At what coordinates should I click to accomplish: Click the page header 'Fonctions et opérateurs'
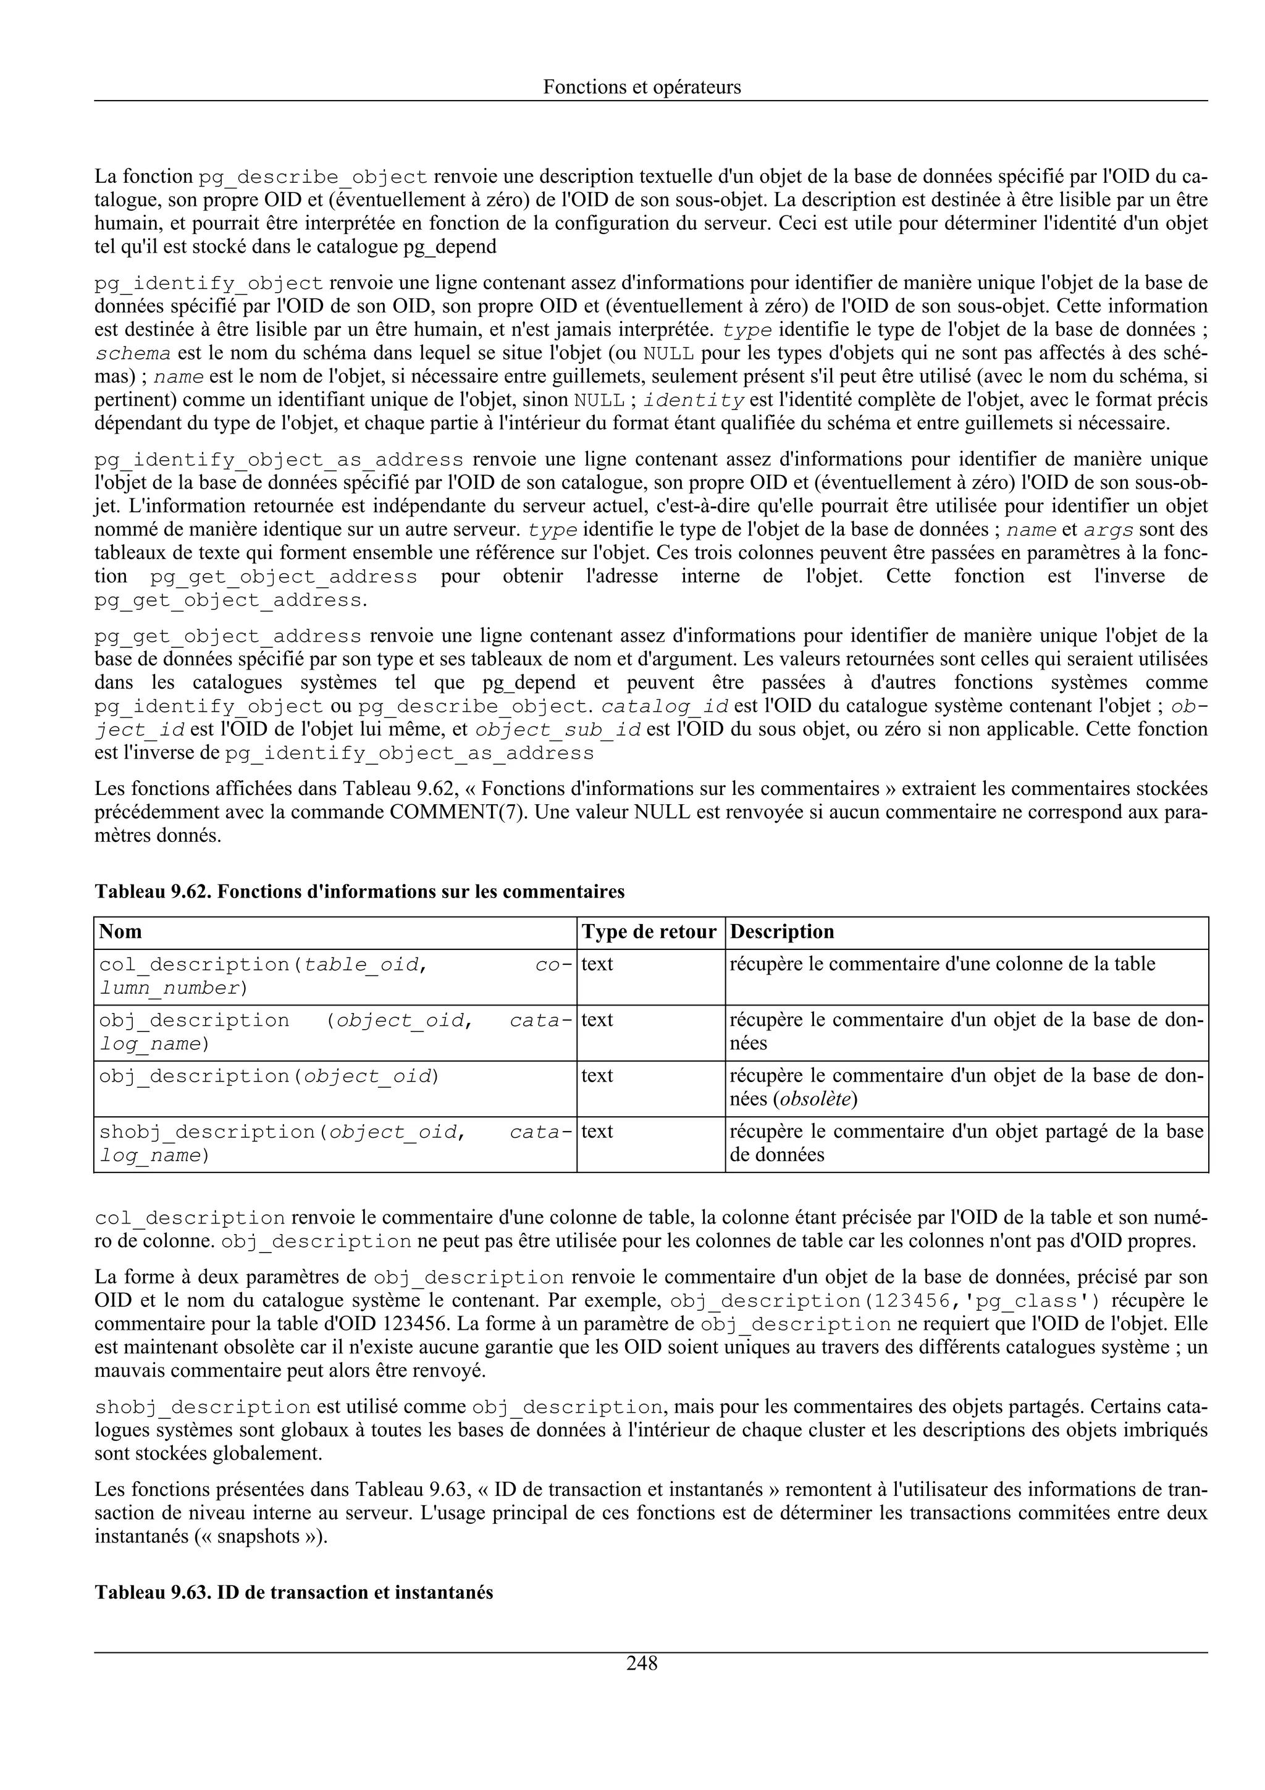pyautogui.click(x=642, y=87)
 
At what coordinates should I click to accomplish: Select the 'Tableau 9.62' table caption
pyautogui.click(x=359, y=891)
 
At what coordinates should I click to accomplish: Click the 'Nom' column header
pyautogui.click(x=121, y=931)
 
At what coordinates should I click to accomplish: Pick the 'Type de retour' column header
pyautogui.click(x=649, y=931)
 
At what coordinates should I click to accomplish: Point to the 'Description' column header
pyautogui.click(x=782, y=931)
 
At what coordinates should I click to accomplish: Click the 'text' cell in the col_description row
pyautogui.click(x=597, y=964)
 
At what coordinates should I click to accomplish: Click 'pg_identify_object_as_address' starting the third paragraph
pyautogui.click(x=279, y=459)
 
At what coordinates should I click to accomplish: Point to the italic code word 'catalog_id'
pyautogui.click(x=666, y=707)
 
